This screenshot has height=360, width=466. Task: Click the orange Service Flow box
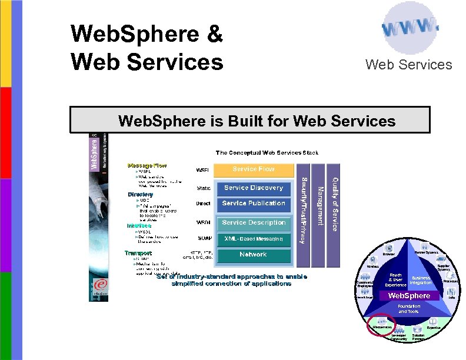tap(253, 169)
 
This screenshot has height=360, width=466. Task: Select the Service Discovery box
tap(253, 188)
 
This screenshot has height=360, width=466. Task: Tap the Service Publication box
tap(253, 204)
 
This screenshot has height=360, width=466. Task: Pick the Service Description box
tap(253, 223)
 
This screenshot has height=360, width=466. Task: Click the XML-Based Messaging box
tap(253, 239)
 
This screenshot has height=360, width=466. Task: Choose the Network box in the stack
tap(253, 255)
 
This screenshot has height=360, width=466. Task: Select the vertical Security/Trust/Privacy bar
tap(302, 209)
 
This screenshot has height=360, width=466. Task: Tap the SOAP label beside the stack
tap(204, 239)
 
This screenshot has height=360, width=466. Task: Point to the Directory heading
tap(141, 194)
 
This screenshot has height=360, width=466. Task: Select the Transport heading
tap(138, 253)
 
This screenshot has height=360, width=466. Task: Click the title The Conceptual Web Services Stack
tap(267, 153)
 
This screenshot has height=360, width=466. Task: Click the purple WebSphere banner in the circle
tap(409, 295)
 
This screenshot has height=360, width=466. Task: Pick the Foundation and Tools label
tap(409, 309)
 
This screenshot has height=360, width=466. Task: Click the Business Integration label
tap(421, 280)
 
